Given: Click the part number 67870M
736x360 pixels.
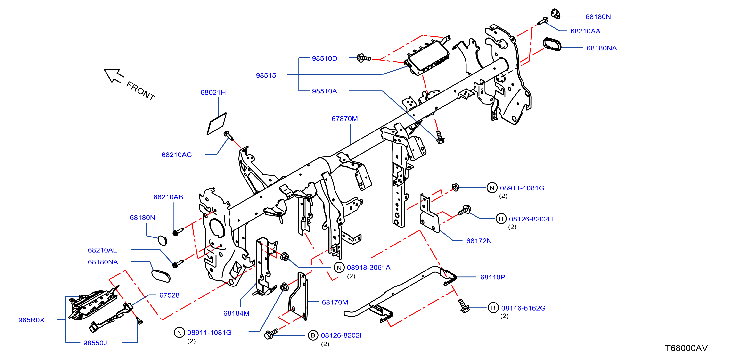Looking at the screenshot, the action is click(344, 119).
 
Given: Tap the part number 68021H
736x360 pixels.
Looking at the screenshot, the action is click(213, 93).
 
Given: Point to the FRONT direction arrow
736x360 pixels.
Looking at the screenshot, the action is click(114, 76).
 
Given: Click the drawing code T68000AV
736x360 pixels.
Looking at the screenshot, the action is click(686, 348).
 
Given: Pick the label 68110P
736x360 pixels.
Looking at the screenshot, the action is click(493, 277).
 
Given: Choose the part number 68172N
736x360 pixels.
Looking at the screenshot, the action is click(479, 241).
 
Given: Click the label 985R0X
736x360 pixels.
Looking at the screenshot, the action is click(32, 320).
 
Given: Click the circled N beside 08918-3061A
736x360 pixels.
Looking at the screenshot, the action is click(339, 268).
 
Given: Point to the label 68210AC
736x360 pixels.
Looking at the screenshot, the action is click(177, 155).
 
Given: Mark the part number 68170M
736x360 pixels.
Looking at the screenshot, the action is click(335, 302).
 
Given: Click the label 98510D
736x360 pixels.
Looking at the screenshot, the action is click(324, 58).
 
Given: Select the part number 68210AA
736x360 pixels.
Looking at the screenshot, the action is click(585, 31).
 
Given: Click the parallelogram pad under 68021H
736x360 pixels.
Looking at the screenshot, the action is click(217, 124).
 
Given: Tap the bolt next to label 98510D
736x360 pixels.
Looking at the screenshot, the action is click(364, 58).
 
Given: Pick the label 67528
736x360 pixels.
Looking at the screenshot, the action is click(169, 295).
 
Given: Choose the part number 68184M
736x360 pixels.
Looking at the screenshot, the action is click(236, 313).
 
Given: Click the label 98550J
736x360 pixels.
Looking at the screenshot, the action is click(95, 343).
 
